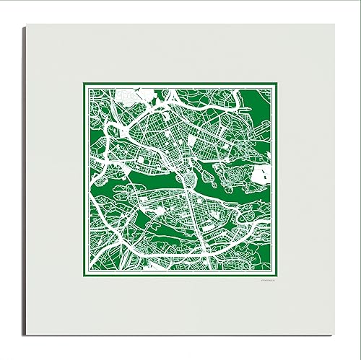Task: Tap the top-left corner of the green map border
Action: click(x=84, y=84)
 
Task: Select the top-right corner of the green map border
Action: click(x=277, y=84)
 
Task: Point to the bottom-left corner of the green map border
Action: click(x=84, y=276)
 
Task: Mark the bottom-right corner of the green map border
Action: click(x=277, y=276)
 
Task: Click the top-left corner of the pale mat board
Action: click(x=25, y=25)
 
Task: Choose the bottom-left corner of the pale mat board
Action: click(x=25, y=335)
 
